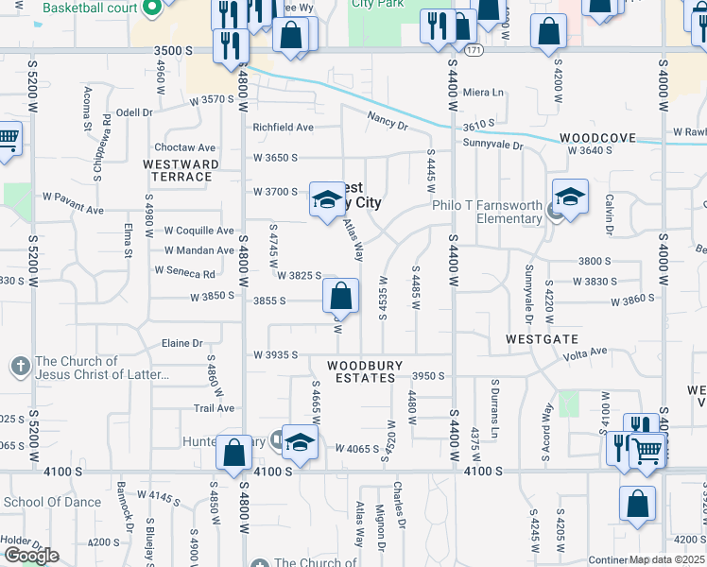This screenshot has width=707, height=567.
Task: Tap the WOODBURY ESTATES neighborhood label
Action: click(x=365, y=371)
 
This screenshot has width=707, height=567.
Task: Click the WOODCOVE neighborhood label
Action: click(x=596, y=138)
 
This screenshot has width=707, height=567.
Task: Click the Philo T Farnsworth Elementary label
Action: click(x=487, y=213)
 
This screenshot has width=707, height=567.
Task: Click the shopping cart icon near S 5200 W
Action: click(x=8, y=139)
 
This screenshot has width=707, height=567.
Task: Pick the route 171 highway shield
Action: click(x=474, y=49)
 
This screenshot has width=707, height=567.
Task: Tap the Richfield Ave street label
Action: click(x=283, y=127)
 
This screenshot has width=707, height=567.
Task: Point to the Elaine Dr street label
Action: click(x=183, y=343)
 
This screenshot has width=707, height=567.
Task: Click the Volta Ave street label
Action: click(x=585, y=353)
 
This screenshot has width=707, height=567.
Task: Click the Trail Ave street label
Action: click(x=214, y=408)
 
